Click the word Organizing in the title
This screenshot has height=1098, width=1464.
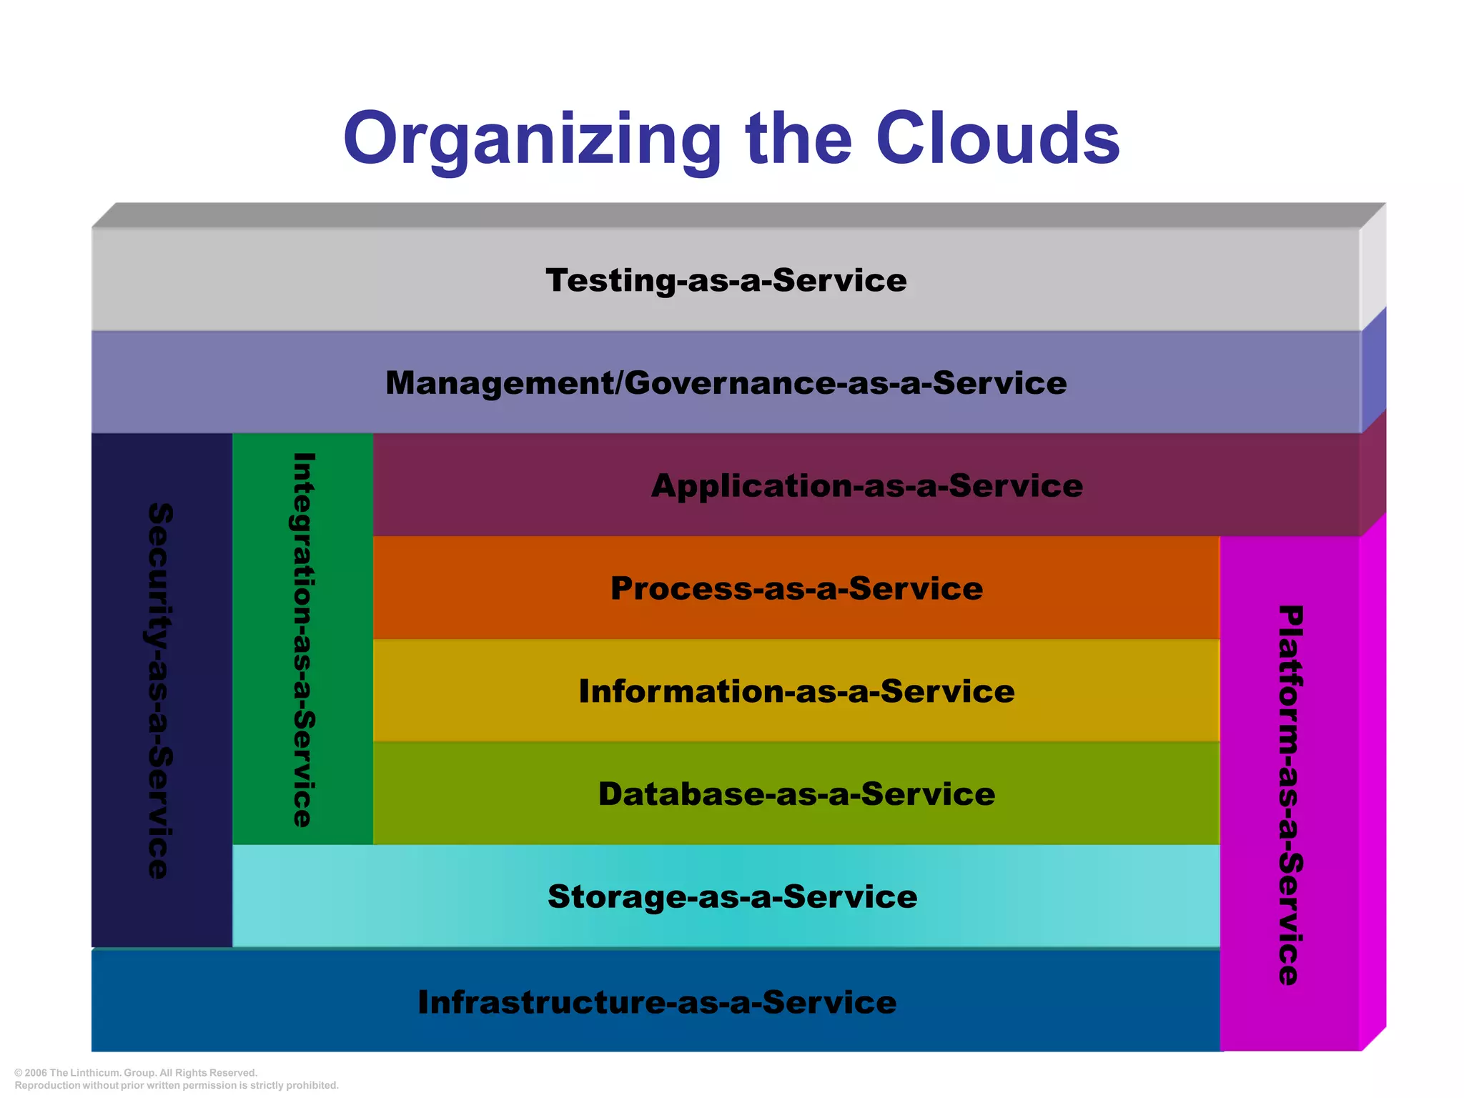click(532, 139)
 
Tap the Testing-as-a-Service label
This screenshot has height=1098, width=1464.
click(726, 280)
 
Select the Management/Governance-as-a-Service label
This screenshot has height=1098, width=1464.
click(726, 383)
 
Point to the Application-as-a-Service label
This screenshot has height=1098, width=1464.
click(866, 486)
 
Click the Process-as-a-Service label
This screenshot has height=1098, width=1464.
click(796, 588)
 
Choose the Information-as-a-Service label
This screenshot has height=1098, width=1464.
click(796, 691)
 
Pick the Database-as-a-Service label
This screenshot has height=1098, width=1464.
click(796, 794)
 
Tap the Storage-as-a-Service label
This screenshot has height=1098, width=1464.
click(732, 897)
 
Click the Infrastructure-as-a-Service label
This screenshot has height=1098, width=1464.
click(657, 1002)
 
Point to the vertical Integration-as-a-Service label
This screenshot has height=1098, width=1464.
click(304, 640)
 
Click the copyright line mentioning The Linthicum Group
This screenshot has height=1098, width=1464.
click(136, 1073)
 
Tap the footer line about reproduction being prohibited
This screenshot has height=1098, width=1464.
click(177, 1085)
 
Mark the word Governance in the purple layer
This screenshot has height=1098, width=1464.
click(730, 383)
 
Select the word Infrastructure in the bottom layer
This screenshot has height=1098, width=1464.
click(541, 1002)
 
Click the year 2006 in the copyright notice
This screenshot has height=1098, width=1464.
click(35, 1073)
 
